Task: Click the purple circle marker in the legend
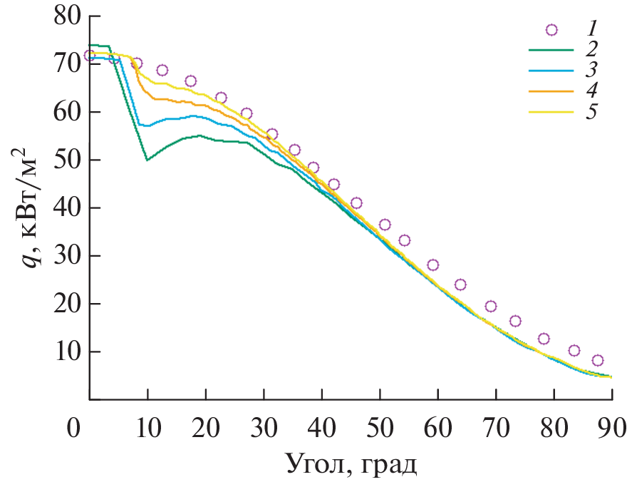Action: [551, 29]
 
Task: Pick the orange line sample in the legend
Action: [551, 91]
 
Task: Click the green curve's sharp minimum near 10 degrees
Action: [147, 160]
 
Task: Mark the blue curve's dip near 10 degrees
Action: [146, 125]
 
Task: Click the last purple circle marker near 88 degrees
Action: [598, 360]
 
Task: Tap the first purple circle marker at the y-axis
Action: [89, 55]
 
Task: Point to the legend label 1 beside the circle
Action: [591, 29]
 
